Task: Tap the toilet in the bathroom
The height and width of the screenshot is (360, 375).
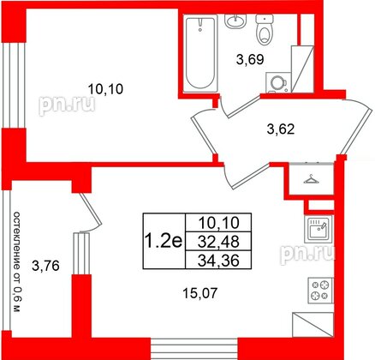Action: (265, 30)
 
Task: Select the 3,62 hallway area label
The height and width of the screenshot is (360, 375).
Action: (277, 131)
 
